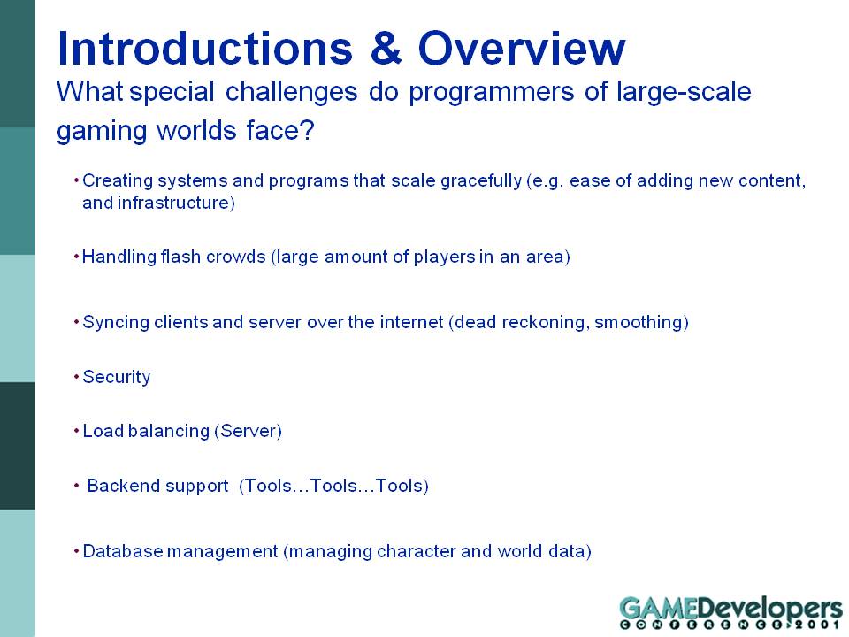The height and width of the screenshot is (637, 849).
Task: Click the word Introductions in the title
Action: tap(205, 48)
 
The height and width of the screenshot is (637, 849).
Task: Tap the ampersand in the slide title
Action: tap(386, 48)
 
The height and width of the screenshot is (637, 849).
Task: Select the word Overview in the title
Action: tap(522, 48)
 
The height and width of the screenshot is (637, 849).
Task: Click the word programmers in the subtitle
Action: tap(491, 93)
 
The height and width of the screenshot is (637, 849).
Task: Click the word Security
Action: tap(117, 377)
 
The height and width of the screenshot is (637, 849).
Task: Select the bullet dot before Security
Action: tap(76, 376)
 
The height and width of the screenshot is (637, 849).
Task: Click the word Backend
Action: tap(122, 486)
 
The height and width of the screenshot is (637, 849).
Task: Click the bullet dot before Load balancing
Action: tap(76, 430)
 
